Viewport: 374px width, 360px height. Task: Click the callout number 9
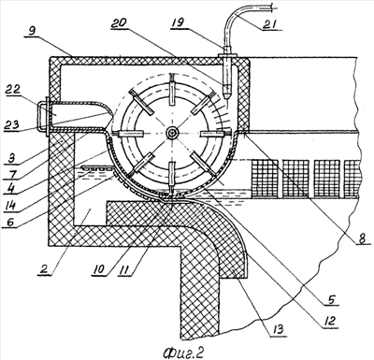(x=31, y=32)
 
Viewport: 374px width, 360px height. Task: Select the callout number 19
(x=178, y=22)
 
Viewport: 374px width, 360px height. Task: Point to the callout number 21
(x=270, y=24)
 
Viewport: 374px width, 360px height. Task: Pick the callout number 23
(x=11, y=125)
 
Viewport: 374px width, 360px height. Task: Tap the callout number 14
(x=10, y=204)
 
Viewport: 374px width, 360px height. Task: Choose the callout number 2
(x=44, y=268)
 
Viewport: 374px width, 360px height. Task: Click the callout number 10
(x=98, y=268)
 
